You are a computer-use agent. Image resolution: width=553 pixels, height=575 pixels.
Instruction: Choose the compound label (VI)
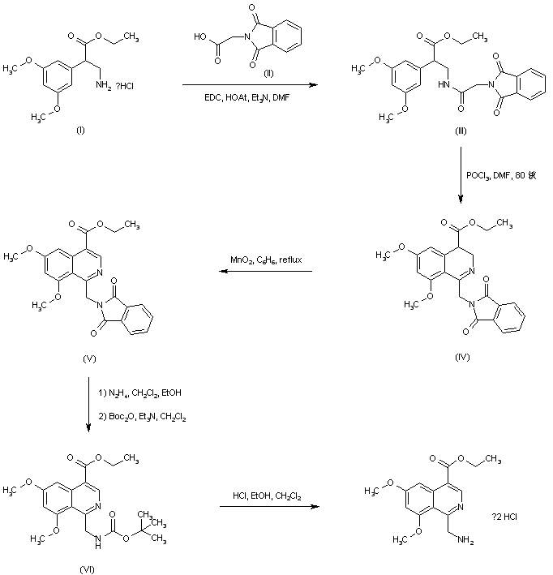click(x=87, y=567)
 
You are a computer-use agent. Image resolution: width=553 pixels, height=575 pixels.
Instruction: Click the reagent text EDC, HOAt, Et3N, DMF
click(x=246, y=97)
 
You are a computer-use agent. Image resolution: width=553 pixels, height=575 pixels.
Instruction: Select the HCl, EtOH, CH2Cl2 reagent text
click(x=267, y=495)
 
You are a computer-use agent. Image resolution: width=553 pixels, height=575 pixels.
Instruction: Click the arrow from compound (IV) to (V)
click(x=267, y=272)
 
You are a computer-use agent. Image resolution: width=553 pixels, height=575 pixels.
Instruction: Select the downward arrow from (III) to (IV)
click(x=460, y=178)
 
